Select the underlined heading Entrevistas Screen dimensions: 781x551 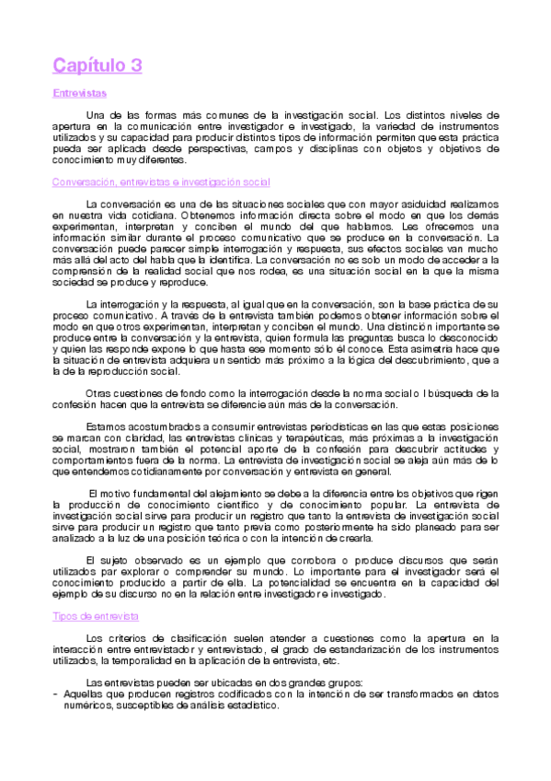tap(80, 93)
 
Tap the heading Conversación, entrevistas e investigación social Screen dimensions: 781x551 tap(162, 182)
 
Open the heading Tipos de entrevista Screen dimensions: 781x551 tap(97, 615)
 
